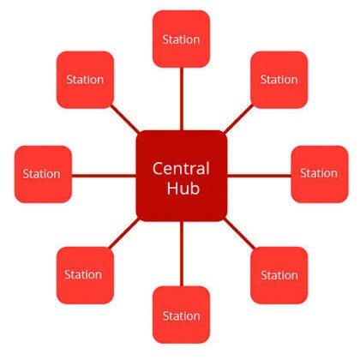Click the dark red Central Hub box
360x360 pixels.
[182, 176]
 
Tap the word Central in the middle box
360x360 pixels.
[181, 168]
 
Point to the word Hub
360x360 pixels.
[183, 189]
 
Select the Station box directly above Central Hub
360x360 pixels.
[181, 39]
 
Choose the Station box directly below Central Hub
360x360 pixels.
[181, 315]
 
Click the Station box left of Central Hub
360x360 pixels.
[43, 174]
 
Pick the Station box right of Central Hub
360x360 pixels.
[320, 174]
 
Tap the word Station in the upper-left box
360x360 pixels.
[85, 80]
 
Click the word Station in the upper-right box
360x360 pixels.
[279, 80]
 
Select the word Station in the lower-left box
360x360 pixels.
[83, 274]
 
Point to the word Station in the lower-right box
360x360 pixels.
[279, 275]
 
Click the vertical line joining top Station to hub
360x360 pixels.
[182, 99]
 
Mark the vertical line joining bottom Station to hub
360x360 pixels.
[182, 254]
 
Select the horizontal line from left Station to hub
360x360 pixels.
[104, 176]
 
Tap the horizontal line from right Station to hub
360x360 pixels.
[259, 176]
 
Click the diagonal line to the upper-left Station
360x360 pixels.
[125, 119]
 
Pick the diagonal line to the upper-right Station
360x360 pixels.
[238, 119]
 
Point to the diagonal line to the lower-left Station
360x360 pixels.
[124, 233]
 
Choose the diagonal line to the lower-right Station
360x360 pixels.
[239, 233]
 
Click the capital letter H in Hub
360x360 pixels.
[172, 189]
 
